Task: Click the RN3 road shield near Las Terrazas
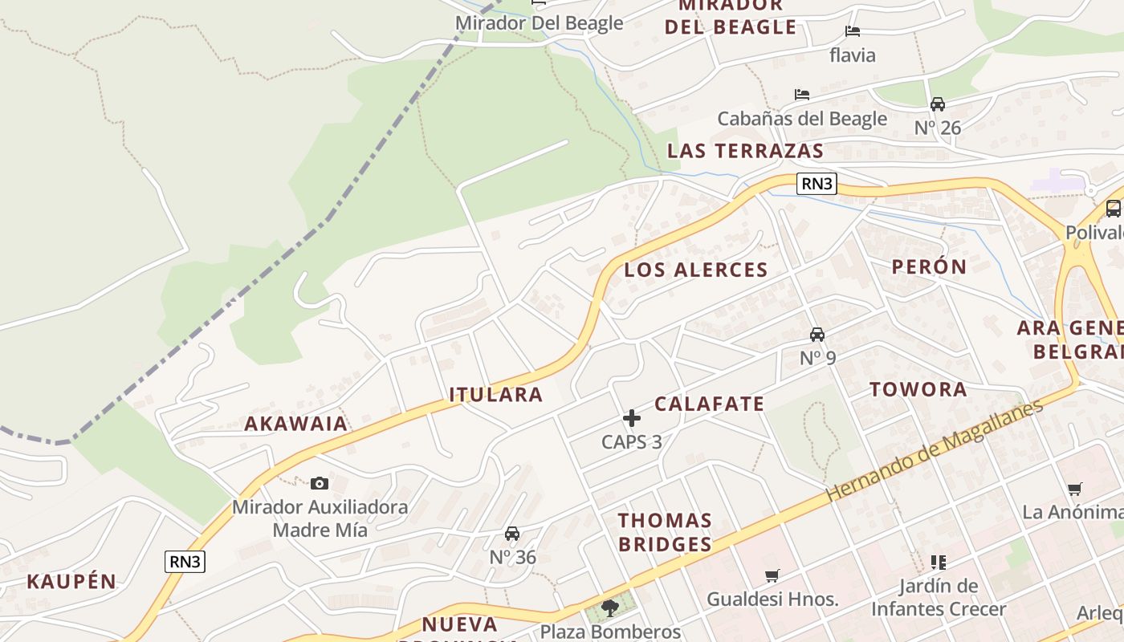tap(817, 184)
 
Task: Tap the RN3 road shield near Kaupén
tap(185, 562)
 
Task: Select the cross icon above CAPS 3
tap(632, 418)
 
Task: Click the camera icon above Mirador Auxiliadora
tap(320, 483)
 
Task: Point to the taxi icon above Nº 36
tap(512, 534)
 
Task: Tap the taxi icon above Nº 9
tap(817, 335)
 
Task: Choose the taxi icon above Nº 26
tap(938, 104)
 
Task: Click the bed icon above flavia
tap(853, 31)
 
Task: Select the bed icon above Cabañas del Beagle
tap(801, 95)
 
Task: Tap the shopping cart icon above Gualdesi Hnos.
tap(772, 575)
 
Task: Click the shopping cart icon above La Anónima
tap(1075, 489)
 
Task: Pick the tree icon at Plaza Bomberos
tap(610, 607)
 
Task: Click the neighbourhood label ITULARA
tap(495, 395)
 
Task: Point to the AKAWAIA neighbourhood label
tap(296, 424)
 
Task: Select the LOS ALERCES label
tap(696, 270)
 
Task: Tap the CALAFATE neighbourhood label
tap(709, 404)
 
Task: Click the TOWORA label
tap(918, 390)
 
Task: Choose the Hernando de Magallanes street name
tap(935, 449)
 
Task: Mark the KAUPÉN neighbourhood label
tap(71, 582)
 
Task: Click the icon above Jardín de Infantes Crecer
tap(939, 562)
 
